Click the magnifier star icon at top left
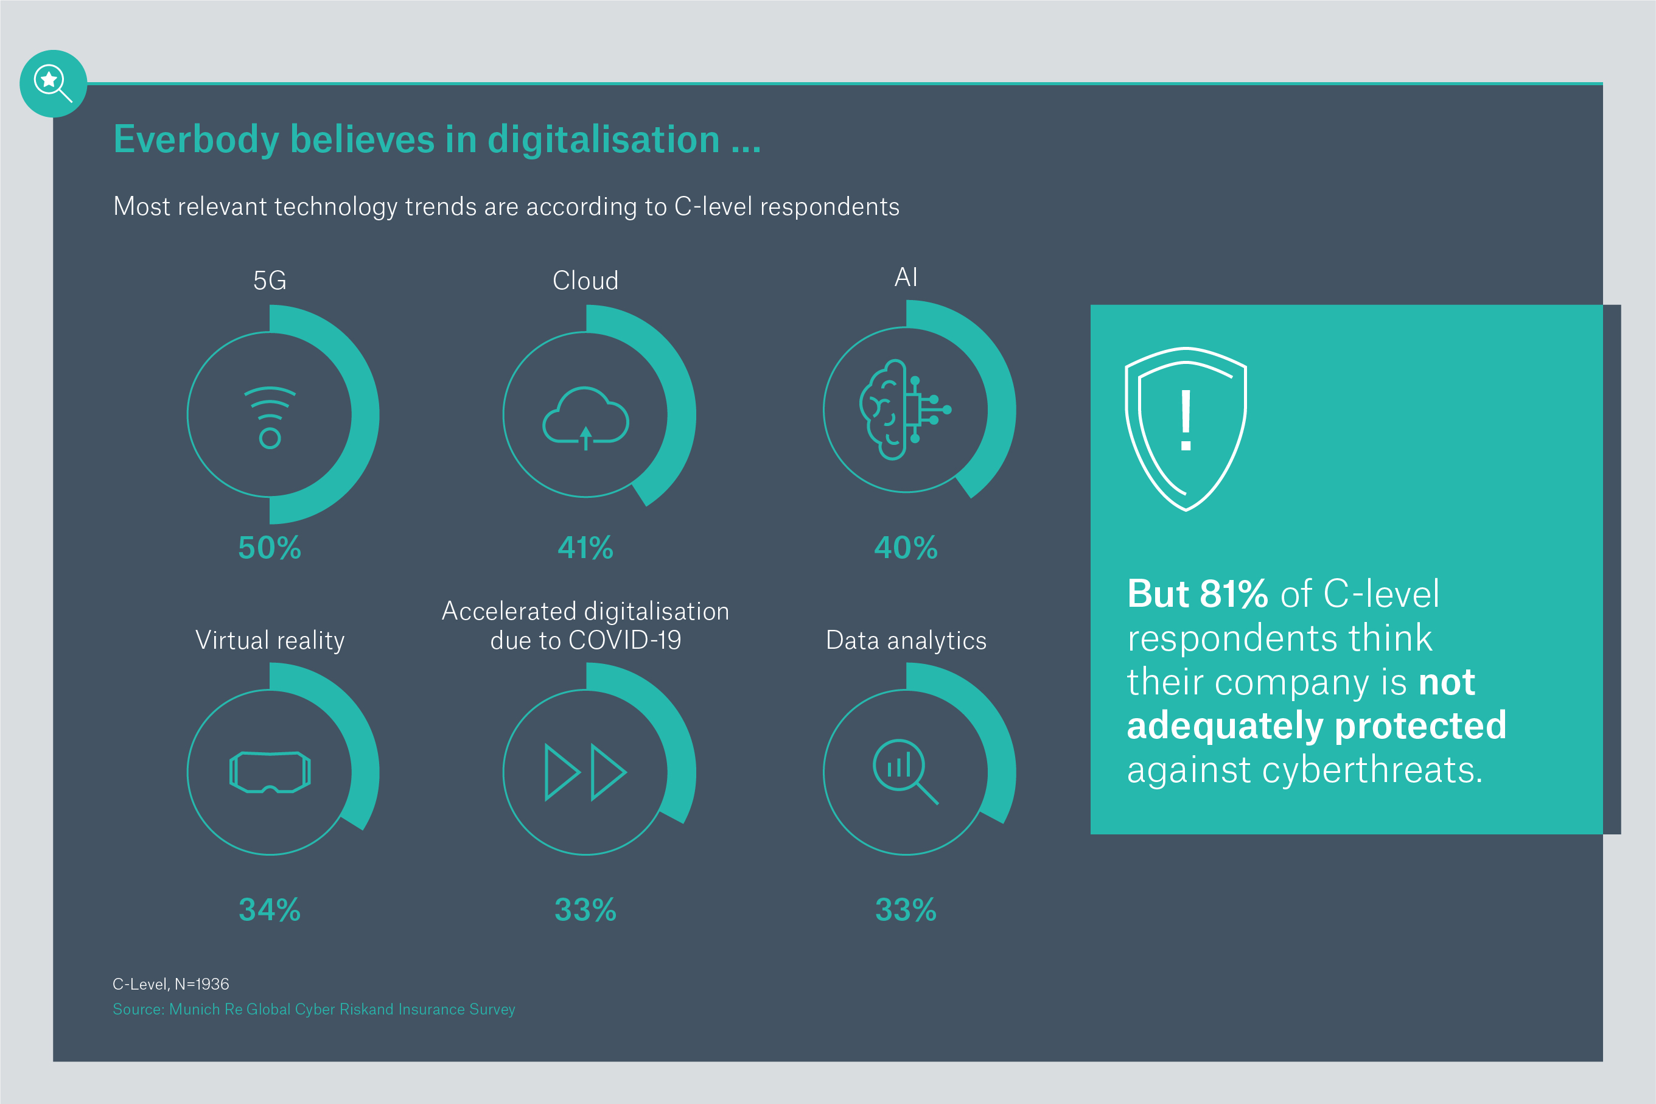53,83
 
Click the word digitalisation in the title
603,139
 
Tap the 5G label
270,280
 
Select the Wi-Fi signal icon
270,417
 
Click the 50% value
270,548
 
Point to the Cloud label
585,280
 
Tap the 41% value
585,548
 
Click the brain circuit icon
904,410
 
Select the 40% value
906,548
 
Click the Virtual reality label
270,640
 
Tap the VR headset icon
270,772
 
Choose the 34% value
270,910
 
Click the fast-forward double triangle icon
585,772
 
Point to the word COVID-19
624,640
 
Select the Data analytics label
906,640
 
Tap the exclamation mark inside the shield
1186,421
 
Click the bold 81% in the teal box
1234,593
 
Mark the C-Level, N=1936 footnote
171,983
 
